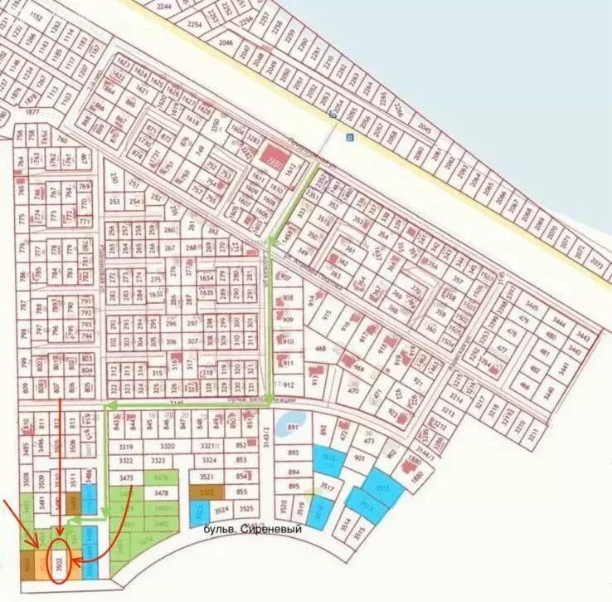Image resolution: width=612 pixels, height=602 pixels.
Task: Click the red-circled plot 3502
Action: click(58, 562)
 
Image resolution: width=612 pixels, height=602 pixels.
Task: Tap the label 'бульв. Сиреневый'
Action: click(250, 527)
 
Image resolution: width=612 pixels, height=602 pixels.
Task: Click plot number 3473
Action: click(127, 478)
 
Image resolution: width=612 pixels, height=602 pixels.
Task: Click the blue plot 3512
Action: click(383, 489)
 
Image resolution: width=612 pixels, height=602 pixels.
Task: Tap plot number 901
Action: click(360, 457)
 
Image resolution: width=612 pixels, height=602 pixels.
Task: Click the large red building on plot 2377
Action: click(271, 157)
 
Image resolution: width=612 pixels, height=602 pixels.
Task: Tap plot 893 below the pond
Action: click(293, 453)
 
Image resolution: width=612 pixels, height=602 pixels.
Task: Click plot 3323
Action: click(158, 461)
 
